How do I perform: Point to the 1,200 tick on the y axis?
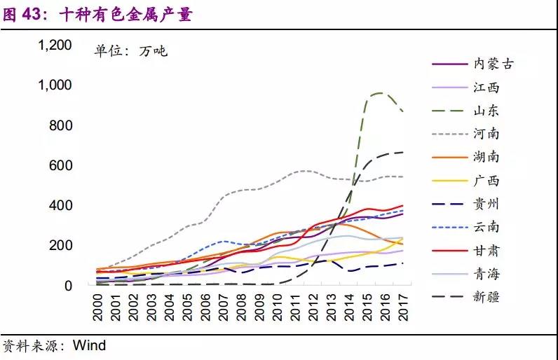click(x=55, y=46)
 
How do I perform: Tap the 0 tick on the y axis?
click(x=68, y=286)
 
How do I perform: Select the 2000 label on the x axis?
click(x=99, y=307)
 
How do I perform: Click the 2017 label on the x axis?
click(x=404, y=307)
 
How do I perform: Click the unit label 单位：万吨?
click(x=131, y=50)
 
